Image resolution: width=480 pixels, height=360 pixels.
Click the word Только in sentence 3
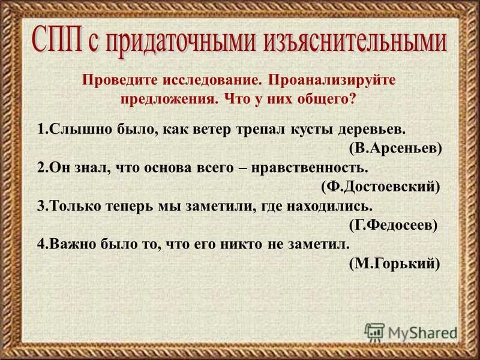(x=73, y=206)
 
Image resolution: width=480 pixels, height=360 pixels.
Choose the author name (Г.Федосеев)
(x=392, y=225)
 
